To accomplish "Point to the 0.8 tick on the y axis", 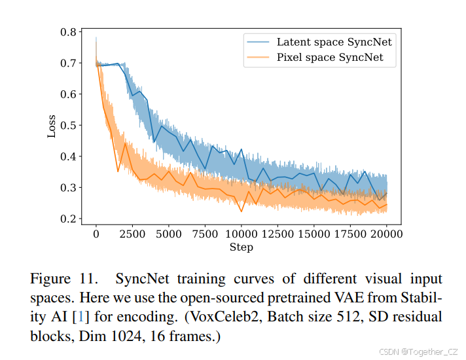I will (68, 31).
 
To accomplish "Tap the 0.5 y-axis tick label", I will (68, 125).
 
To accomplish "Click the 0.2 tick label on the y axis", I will (68, 219).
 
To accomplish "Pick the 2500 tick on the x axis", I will (132, 234).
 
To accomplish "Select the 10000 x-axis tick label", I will (241, 234).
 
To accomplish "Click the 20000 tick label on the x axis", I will (386, 234).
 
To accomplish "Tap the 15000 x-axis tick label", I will (314, 234).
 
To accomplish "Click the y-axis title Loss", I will (52, 125).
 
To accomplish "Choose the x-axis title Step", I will (241, 247).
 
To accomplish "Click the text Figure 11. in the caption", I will (64, 279).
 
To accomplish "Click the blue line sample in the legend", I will (258, 42).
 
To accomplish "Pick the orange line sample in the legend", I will (258, 58).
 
